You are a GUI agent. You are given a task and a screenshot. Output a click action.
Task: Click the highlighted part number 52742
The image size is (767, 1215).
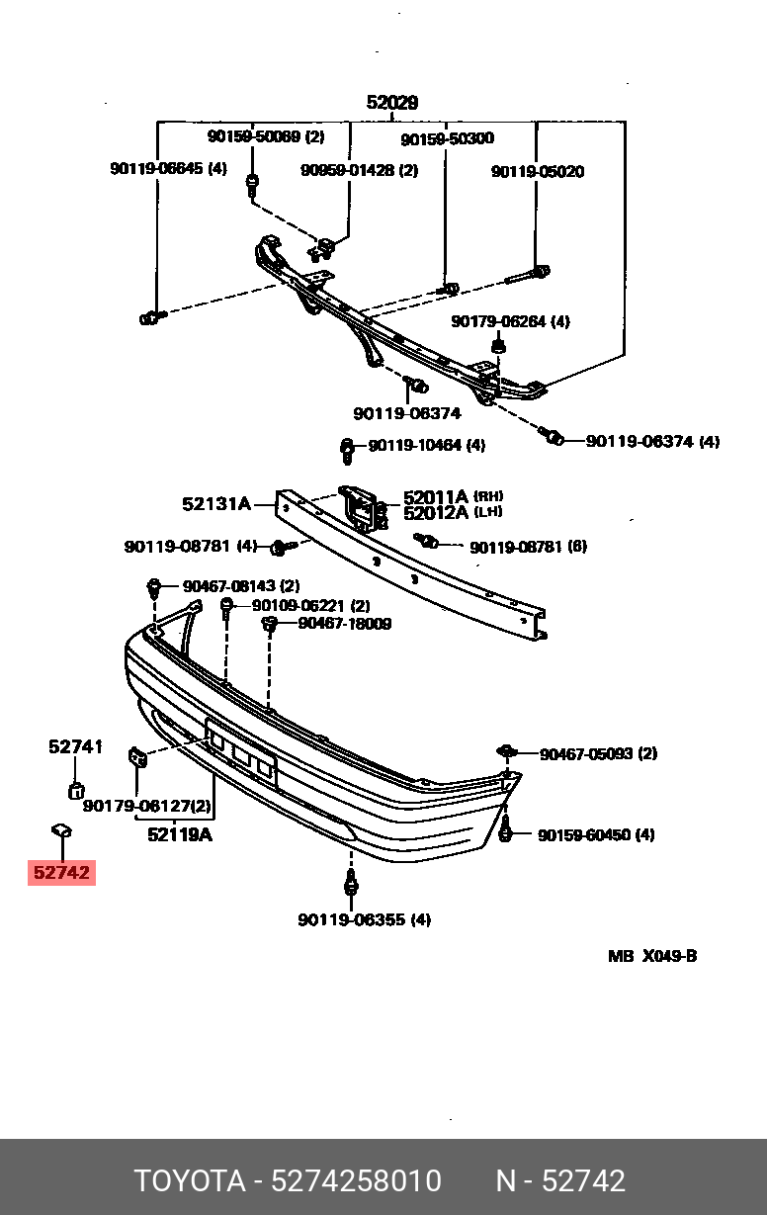[61, 873]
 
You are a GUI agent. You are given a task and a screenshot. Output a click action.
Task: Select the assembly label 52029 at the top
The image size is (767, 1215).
[392, 102]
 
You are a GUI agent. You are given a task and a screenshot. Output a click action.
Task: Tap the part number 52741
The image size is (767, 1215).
[75, 747]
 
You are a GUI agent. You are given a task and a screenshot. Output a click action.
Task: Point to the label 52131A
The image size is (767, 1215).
[215, 503]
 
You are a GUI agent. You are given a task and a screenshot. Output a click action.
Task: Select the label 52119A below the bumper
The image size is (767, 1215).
[180, 834]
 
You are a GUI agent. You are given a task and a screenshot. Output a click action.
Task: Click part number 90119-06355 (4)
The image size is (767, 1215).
[364, 919]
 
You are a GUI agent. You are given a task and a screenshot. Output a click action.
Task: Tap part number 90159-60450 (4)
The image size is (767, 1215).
[595, 834]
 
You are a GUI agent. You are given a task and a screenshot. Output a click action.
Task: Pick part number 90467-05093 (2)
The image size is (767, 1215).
[598, 753]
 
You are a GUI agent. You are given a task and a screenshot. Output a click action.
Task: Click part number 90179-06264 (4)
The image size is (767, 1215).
[510, 321]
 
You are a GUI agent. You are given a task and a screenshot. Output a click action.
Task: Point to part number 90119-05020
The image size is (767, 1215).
[538, 171]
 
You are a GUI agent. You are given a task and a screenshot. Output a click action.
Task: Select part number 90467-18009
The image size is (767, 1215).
[344, 624]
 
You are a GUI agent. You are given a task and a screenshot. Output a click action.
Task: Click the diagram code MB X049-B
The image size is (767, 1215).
[651, 956]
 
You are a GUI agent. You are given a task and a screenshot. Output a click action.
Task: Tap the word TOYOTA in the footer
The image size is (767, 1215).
[189, 1180]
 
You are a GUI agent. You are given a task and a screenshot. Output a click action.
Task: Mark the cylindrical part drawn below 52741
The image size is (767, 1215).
[75, 788]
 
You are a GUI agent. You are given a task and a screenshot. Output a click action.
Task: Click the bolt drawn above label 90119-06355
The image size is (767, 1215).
[350, 880]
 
